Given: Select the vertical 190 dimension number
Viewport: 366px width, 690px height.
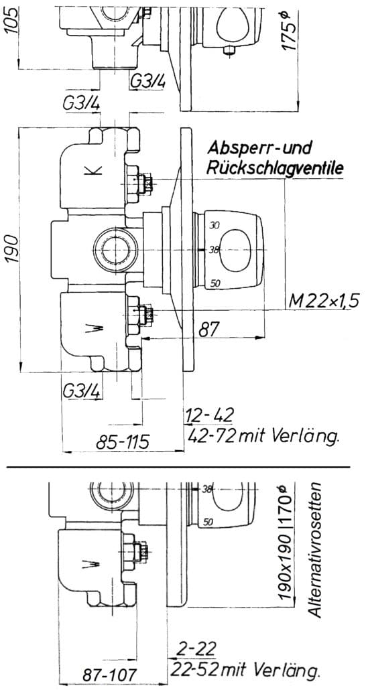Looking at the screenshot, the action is tap(12, 249).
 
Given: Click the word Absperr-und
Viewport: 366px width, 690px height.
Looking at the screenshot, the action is tap(259, 148).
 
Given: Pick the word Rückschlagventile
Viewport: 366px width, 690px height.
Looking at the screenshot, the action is tap(276, 168).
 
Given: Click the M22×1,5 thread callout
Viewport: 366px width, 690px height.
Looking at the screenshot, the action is tap(324, 302).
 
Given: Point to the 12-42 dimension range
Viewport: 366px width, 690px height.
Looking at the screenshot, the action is tap(210, 415).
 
